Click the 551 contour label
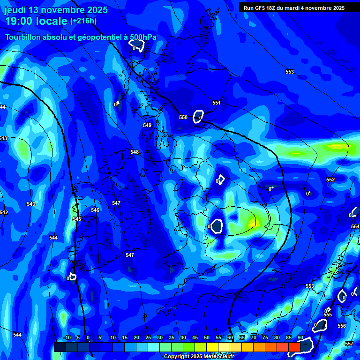pos(216,103)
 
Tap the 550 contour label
pos(183,117)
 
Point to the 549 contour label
pos(147,125)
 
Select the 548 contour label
pos(135,152)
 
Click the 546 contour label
pos(95,210)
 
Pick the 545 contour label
pos(77,219)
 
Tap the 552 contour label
pos(330,180)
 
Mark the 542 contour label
pos(4,212)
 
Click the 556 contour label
pos(342,326)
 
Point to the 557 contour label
pos(349,344)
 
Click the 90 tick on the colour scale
pos(300,337)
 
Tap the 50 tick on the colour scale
pos(207,337)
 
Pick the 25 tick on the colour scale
pos(148,337)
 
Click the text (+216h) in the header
pos(83,21)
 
